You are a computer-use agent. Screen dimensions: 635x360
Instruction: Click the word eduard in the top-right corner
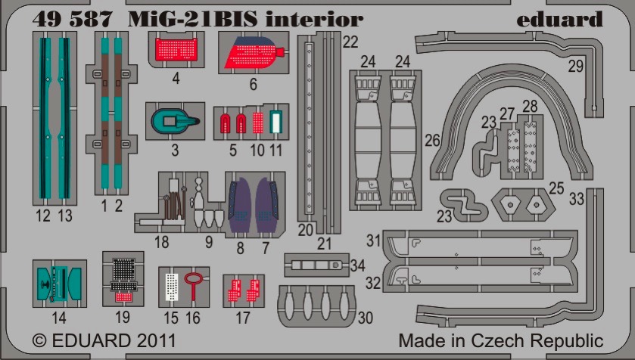coord(559,19)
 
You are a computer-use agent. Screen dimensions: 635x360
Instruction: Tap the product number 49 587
coord(72,19)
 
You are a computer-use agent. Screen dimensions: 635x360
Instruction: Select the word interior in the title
coord(314,19)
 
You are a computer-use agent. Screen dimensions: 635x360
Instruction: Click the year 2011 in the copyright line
coord(156,340)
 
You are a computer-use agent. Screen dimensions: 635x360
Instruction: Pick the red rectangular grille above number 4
coord(176,49)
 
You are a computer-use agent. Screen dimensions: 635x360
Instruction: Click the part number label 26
coord(432,141)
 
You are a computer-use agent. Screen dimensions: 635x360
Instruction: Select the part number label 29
coord(575,66)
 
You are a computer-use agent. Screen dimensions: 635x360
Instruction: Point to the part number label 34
coord(357,265)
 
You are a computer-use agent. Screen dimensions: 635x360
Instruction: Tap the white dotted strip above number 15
coord(172,287)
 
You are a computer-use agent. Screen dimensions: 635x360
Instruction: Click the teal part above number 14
coord(59,283)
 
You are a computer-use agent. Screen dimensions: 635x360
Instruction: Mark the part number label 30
coord(366,318)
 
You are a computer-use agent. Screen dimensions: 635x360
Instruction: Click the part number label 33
coord(577,199)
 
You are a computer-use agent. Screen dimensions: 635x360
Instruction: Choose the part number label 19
coord(123,317)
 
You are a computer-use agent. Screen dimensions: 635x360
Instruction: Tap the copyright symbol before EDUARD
coord(39,340)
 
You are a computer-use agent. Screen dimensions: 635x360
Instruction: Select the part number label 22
coord(350,42)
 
